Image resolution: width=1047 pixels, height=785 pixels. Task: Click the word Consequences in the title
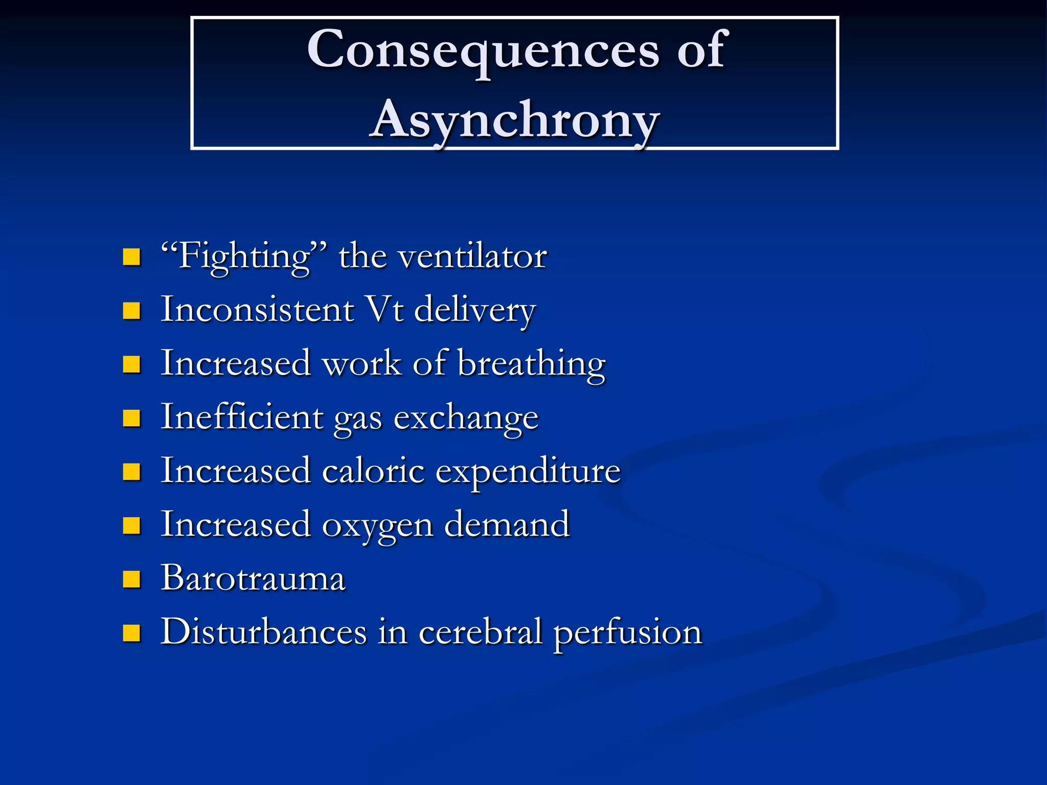(483, 50)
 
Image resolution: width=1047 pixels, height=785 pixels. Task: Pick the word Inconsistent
(257, 310)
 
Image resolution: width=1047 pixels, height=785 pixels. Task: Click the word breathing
(531, 364)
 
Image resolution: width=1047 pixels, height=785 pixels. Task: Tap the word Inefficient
(241, 417)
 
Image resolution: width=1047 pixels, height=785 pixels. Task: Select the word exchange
(466, 418)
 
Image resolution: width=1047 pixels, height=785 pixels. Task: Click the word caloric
(373, 471)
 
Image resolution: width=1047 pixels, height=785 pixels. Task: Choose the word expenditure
(528, 472)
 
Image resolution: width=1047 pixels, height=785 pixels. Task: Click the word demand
(507, 524)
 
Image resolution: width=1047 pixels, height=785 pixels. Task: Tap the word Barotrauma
(253, 579)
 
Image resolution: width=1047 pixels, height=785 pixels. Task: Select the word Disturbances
(264, 632)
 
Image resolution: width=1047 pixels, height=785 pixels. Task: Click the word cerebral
(480, 632)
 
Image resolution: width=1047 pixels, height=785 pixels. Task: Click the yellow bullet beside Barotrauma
(132, 580)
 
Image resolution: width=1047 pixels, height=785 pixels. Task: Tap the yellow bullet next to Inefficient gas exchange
(132, 418)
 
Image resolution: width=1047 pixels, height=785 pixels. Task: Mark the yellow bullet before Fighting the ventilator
(132, 257)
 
